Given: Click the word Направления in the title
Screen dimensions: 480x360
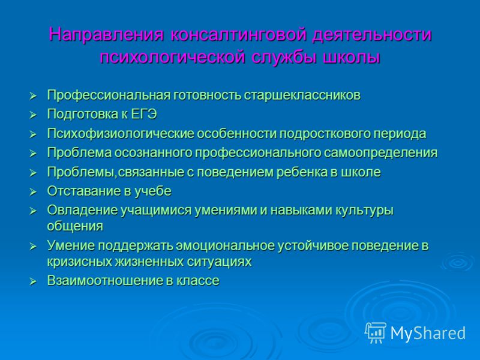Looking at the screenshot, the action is pyautogui.click(x=106, y=34).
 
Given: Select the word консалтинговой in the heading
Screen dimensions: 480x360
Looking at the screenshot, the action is pyautogui.click(x=238, y=34).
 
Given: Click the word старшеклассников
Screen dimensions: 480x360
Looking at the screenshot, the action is pyautogui.click(x=302, y=95).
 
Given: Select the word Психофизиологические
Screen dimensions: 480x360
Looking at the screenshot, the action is pyautogui.click(x=121, y=134).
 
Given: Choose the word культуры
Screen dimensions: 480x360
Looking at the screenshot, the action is pyautogui.click(x=364, y=211).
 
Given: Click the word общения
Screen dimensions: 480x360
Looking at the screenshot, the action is pyautogui.click(x=75, y=226).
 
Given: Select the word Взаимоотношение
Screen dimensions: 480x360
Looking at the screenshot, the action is pyautogui.click(x=105, y=281).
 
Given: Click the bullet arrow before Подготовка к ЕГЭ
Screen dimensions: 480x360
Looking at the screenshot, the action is pyautogui.click(x=33, y=115).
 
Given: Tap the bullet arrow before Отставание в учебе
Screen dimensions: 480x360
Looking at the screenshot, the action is pyautogui.click(x=33, y=192).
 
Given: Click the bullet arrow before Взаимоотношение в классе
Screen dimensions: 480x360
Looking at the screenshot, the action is pyautogui.click(x=33, y=281).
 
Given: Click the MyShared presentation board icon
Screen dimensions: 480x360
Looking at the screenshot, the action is pyautogui.click(x=376, y=333).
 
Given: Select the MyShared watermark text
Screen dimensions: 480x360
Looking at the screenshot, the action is pyautogui.click(x=428, y=333).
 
